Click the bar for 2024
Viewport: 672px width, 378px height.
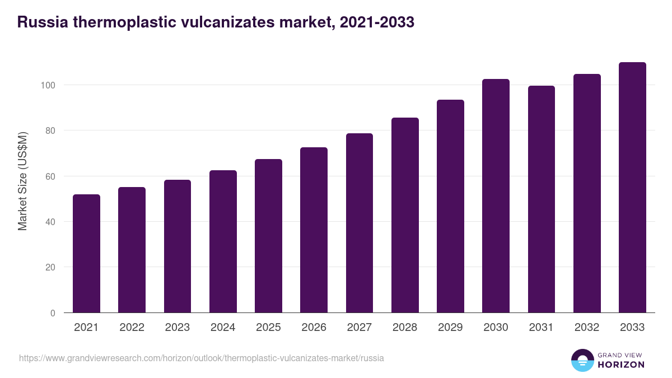[223, 241]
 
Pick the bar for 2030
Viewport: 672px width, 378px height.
[496, 196]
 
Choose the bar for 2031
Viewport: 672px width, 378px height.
[541, 199]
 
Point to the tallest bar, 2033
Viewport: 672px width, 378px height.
[632, 188]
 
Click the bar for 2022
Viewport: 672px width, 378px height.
[132, 250]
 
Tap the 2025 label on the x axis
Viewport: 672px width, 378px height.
[268, 328]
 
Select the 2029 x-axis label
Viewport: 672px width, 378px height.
[450, 328]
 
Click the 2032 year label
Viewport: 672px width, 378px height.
[587, 328]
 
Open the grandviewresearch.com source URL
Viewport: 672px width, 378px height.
[202, 358]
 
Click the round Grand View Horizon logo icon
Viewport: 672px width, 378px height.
[582, 360]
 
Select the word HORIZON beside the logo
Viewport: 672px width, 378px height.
[620, 365]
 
